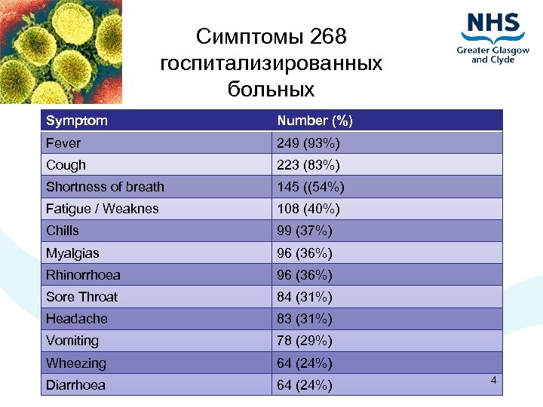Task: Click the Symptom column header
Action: coord(77,121)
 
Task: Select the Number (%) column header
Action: coord(314,121)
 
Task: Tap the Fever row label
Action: coord(63,142)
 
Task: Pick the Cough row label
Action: coord(66,164)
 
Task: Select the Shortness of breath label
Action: coord(105,186)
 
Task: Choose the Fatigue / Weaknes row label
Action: coord(103,209)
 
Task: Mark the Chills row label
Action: coord(63,231)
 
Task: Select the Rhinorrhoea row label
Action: coord(83,274)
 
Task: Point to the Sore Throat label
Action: coord(81,296)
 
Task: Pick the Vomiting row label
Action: coord(72,341)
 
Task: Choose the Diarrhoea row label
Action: coord(75,385)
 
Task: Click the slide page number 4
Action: coord(493,381)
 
